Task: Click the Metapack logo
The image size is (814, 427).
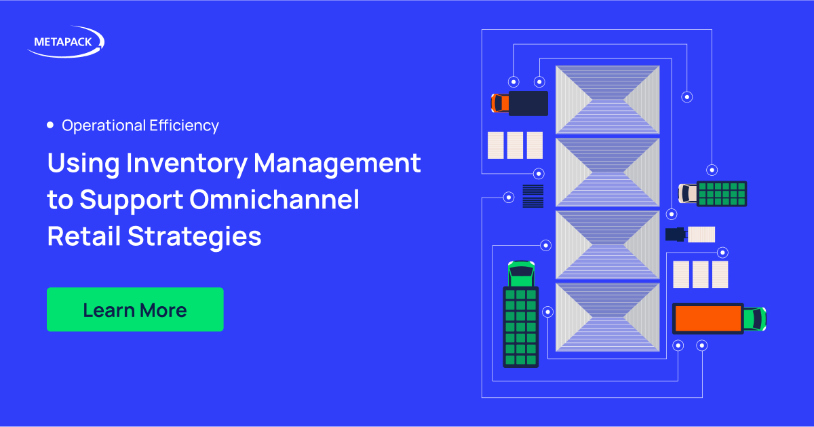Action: coord(66,42)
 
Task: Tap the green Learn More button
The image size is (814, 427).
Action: coord(135,310)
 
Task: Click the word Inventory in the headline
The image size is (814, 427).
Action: coord(187,164)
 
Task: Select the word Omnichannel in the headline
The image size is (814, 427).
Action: coord(274,200)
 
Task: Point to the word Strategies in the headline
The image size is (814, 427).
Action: coord(195,237)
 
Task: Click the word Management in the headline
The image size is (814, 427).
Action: coord(337,164)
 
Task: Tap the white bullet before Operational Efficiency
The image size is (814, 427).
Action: coord(50,125)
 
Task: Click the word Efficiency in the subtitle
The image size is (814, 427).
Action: coord(184,126)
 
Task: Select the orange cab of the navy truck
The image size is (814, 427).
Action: coord(500,103)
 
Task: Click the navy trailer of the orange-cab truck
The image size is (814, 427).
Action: coord(528,103)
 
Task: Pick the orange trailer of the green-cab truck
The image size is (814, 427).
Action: coord(708,318)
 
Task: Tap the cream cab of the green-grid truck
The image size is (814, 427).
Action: coord(688,193)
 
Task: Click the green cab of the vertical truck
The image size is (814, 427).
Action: coord(521,274)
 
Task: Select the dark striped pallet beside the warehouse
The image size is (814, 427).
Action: coord(533,196)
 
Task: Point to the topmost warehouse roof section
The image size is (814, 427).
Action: coord(608,100)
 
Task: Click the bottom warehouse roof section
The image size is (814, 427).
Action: coord(608,318)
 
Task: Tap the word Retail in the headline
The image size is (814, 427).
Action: coord(84,236)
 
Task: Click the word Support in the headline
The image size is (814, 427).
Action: coord(132,200)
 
